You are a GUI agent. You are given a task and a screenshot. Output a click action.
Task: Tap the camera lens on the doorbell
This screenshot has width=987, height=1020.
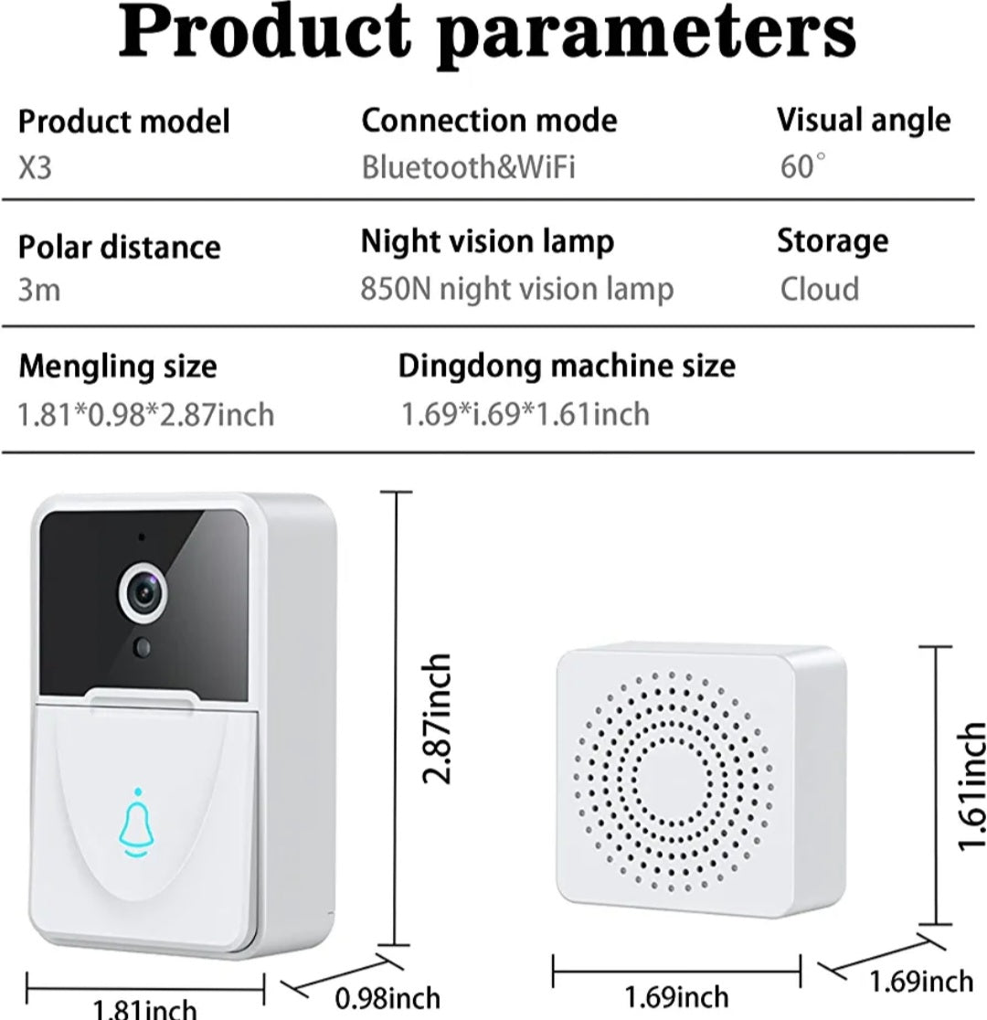(x=147, y=595)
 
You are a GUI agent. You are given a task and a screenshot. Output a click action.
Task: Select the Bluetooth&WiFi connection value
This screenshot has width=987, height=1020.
(x=468, y=167)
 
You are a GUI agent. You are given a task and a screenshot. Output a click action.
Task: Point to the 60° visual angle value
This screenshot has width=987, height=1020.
(x=802, y=166)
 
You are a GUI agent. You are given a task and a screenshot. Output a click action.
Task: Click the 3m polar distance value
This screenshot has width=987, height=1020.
(x=39, y=291)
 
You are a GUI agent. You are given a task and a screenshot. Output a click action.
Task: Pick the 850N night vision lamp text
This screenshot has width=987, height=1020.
(x=516, y=289)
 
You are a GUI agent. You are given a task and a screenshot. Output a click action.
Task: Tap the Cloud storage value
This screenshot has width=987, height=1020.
(x=819, y=289)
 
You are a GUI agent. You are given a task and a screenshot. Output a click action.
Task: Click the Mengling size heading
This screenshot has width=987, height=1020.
(x=118, y=367)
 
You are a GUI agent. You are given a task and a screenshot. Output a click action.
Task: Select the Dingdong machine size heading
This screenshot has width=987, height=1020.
(x=566, y=366)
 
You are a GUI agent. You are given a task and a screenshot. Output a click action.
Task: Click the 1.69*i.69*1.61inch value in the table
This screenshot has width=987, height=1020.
(x=525, y=414)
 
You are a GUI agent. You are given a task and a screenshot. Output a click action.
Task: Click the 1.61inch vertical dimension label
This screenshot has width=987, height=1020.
(x=971, y=786)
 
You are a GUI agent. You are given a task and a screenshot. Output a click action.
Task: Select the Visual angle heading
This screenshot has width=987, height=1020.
(x=863, y=120)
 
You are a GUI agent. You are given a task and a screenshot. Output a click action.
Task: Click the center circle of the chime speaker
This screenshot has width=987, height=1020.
(x=674, y=782)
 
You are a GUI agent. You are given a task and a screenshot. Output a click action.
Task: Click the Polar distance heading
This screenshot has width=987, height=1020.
(x=119, y=247)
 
